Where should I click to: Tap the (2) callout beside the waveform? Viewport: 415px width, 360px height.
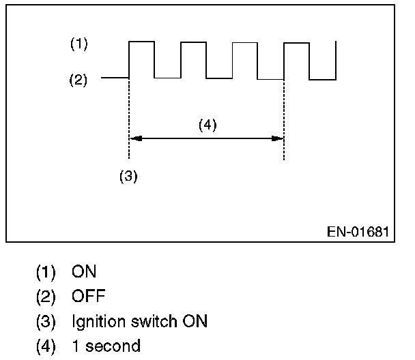point(79,80)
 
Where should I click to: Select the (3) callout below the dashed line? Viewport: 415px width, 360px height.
point(129,175)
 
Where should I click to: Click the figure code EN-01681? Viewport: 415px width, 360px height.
point(358,231)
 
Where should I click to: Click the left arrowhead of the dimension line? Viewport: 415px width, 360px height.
point(134,138)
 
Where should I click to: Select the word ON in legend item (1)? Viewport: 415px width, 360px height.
point(84,271)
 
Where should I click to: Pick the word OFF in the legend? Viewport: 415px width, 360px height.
point(88,296)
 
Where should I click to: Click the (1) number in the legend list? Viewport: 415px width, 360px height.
point(46,271)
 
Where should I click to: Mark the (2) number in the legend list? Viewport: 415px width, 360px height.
point(46,296)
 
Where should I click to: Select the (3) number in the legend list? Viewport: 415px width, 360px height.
point(46,320)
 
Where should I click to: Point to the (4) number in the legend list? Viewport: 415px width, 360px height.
point(46,346)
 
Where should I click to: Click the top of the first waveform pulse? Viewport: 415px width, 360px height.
point(142,42)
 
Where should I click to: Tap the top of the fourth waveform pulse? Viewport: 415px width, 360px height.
point(296,43)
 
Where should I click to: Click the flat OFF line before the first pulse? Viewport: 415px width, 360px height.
point(115,78)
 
